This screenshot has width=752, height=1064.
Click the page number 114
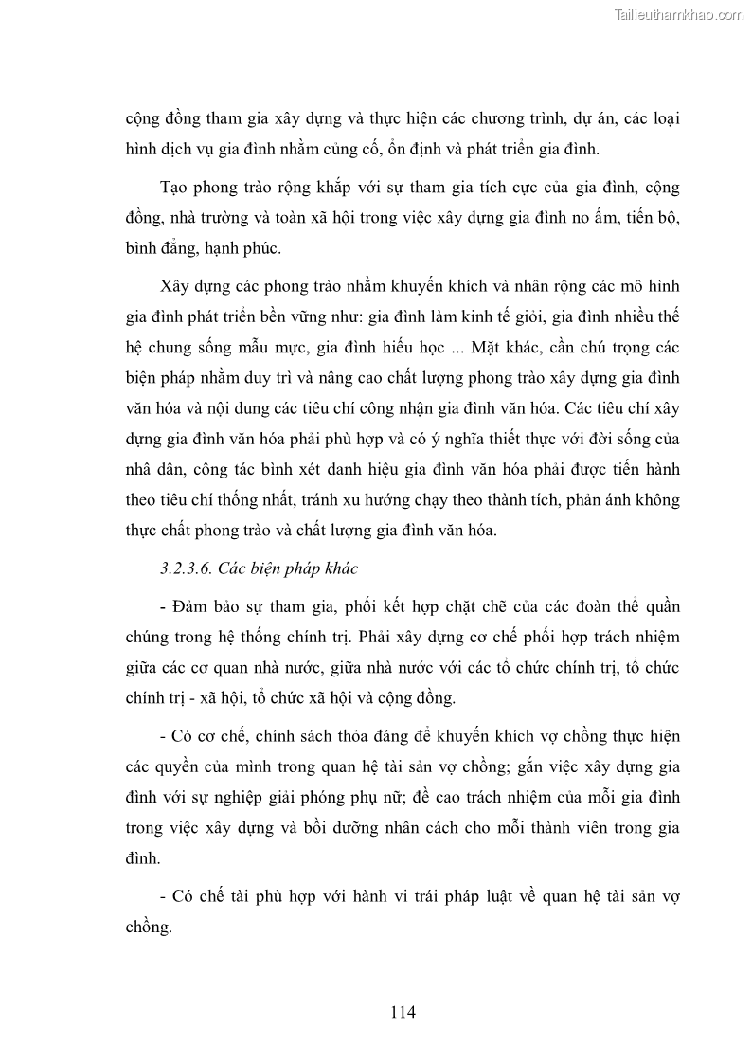(403, 1011)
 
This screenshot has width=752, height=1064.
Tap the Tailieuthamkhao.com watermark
(680, 14)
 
